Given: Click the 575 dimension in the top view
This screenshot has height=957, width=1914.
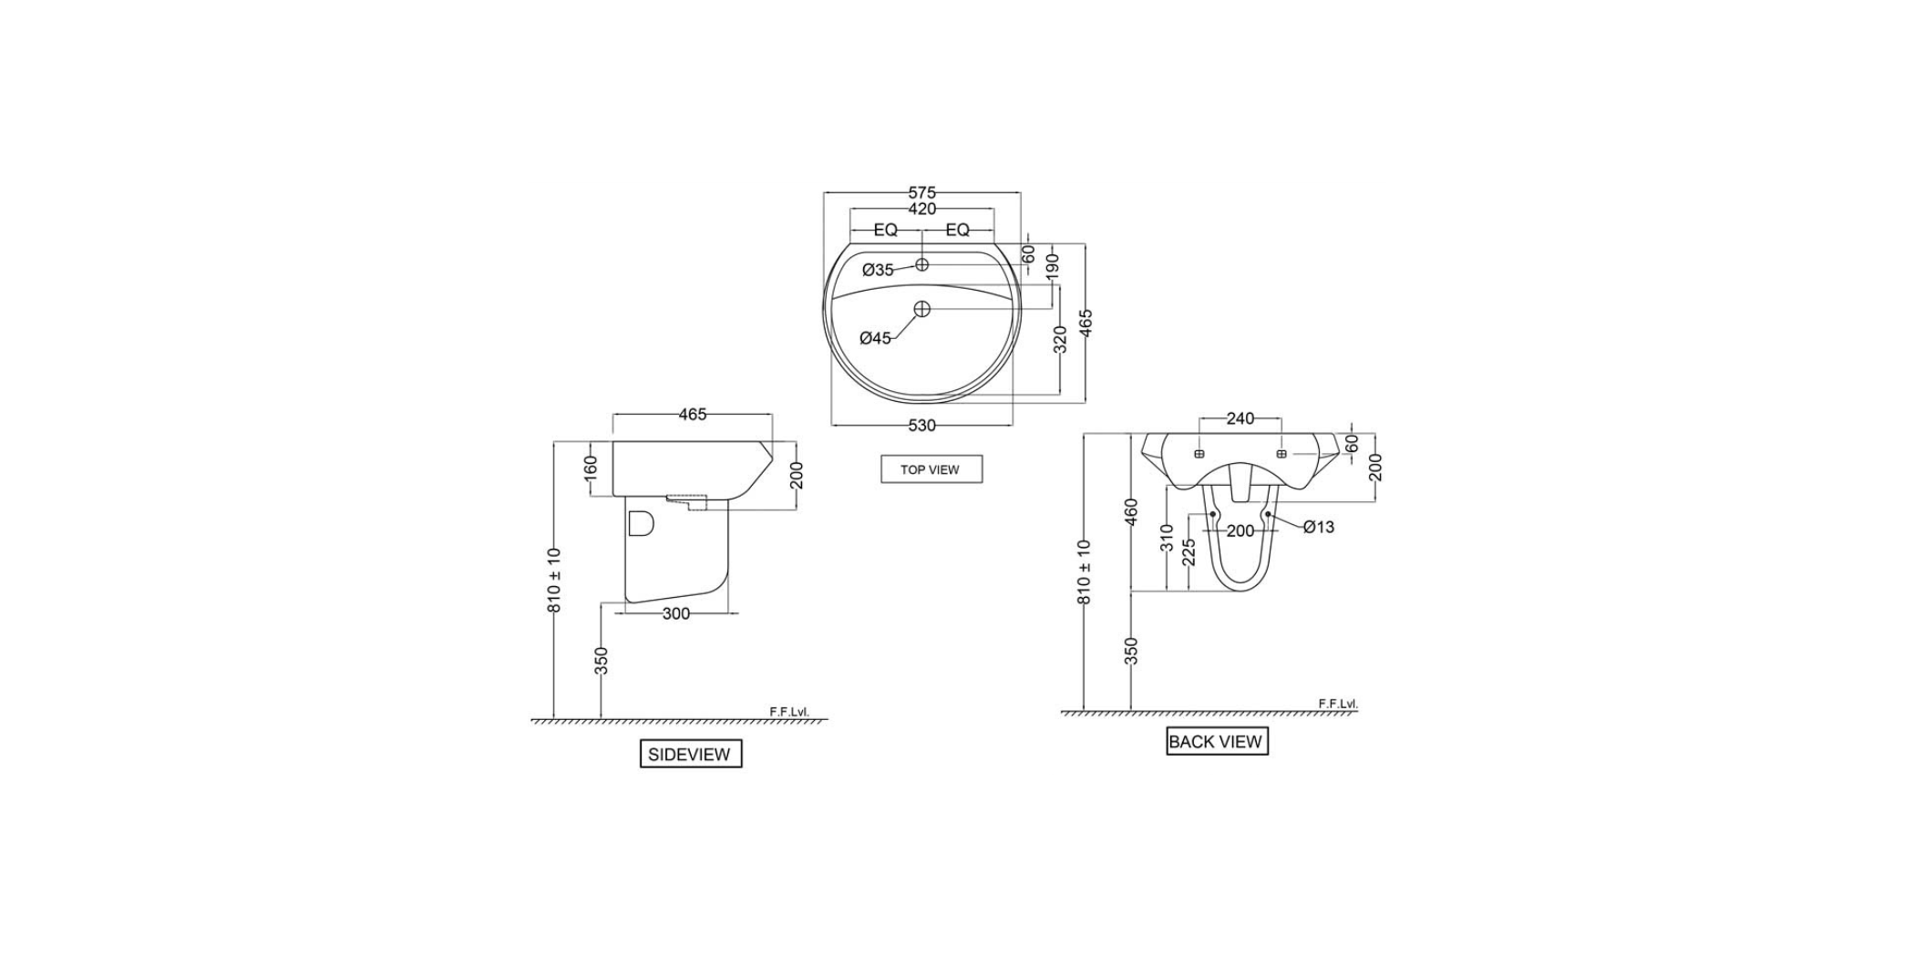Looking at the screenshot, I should coord(921,192).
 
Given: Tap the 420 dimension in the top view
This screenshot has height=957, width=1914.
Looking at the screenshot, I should coord(921,209).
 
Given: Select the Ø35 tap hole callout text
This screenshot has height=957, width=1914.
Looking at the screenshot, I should coord(878,270).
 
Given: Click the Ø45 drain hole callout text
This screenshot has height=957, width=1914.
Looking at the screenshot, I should coord(875,338).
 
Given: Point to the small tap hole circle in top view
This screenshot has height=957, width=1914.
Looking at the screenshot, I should coord(921,264).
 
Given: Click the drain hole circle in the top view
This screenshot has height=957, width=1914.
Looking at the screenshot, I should coord(921,309).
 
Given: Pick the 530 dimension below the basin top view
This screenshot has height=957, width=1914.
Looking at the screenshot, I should coord(921,426).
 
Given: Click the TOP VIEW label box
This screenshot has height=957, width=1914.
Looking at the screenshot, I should coord(931,469).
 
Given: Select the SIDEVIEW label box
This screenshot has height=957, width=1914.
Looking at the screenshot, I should coord(690,755).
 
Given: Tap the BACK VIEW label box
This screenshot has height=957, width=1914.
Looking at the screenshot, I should coord(1216,742).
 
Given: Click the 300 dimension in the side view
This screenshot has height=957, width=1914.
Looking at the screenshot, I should coord(675,614).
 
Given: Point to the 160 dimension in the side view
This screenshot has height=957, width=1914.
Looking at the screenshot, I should coord(591,468).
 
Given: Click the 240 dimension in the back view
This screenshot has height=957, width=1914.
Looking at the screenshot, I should coord(1240,418).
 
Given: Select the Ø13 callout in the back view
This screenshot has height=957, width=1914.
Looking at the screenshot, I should coord(1318,527).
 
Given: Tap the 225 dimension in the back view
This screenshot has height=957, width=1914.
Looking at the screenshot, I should coord(1189,552).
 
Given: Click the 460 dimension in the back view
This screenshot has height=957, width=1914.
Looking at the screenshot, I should coord(1131,512).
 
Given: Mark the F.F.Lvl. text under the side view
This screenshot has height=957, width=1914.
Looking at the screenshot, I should coord(789,712).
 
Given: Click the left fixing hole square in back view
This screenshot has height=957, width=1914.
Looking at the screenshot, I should coord(1199,454).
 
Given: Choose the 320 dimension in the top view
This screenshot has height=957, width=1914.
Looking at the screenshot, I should coord(1059,339).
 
